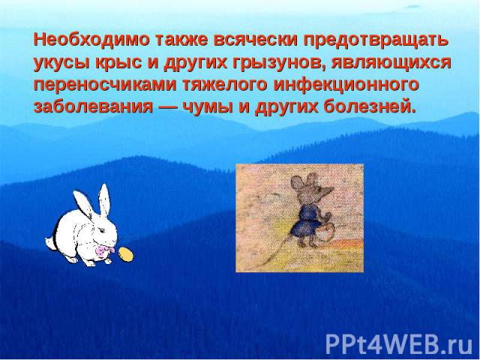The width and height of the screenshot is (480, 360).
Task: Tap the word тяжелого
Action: pyautogui.click(x=225, y=85)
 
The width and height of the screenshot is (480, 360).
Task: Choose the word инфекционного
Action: pyautogui.click(x=346, y=85)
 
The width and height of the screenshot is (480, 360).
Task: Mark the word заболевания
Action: pyautogui.click(x=93, y=107)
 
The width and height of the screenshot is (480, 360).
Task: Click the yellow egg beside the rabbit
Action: pyautogui.click(x=126, y=254)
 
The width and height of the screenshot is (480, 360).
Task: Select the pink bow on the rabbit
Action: pyautogui.click(x=103, y=250)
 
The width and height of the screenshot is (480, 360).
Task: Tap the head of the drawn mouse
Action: pyautogui.click(x=311, y=188)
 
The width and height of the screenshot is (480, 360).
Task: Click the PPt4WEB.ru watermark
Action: pyautogui.click(x=399, y=345)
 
